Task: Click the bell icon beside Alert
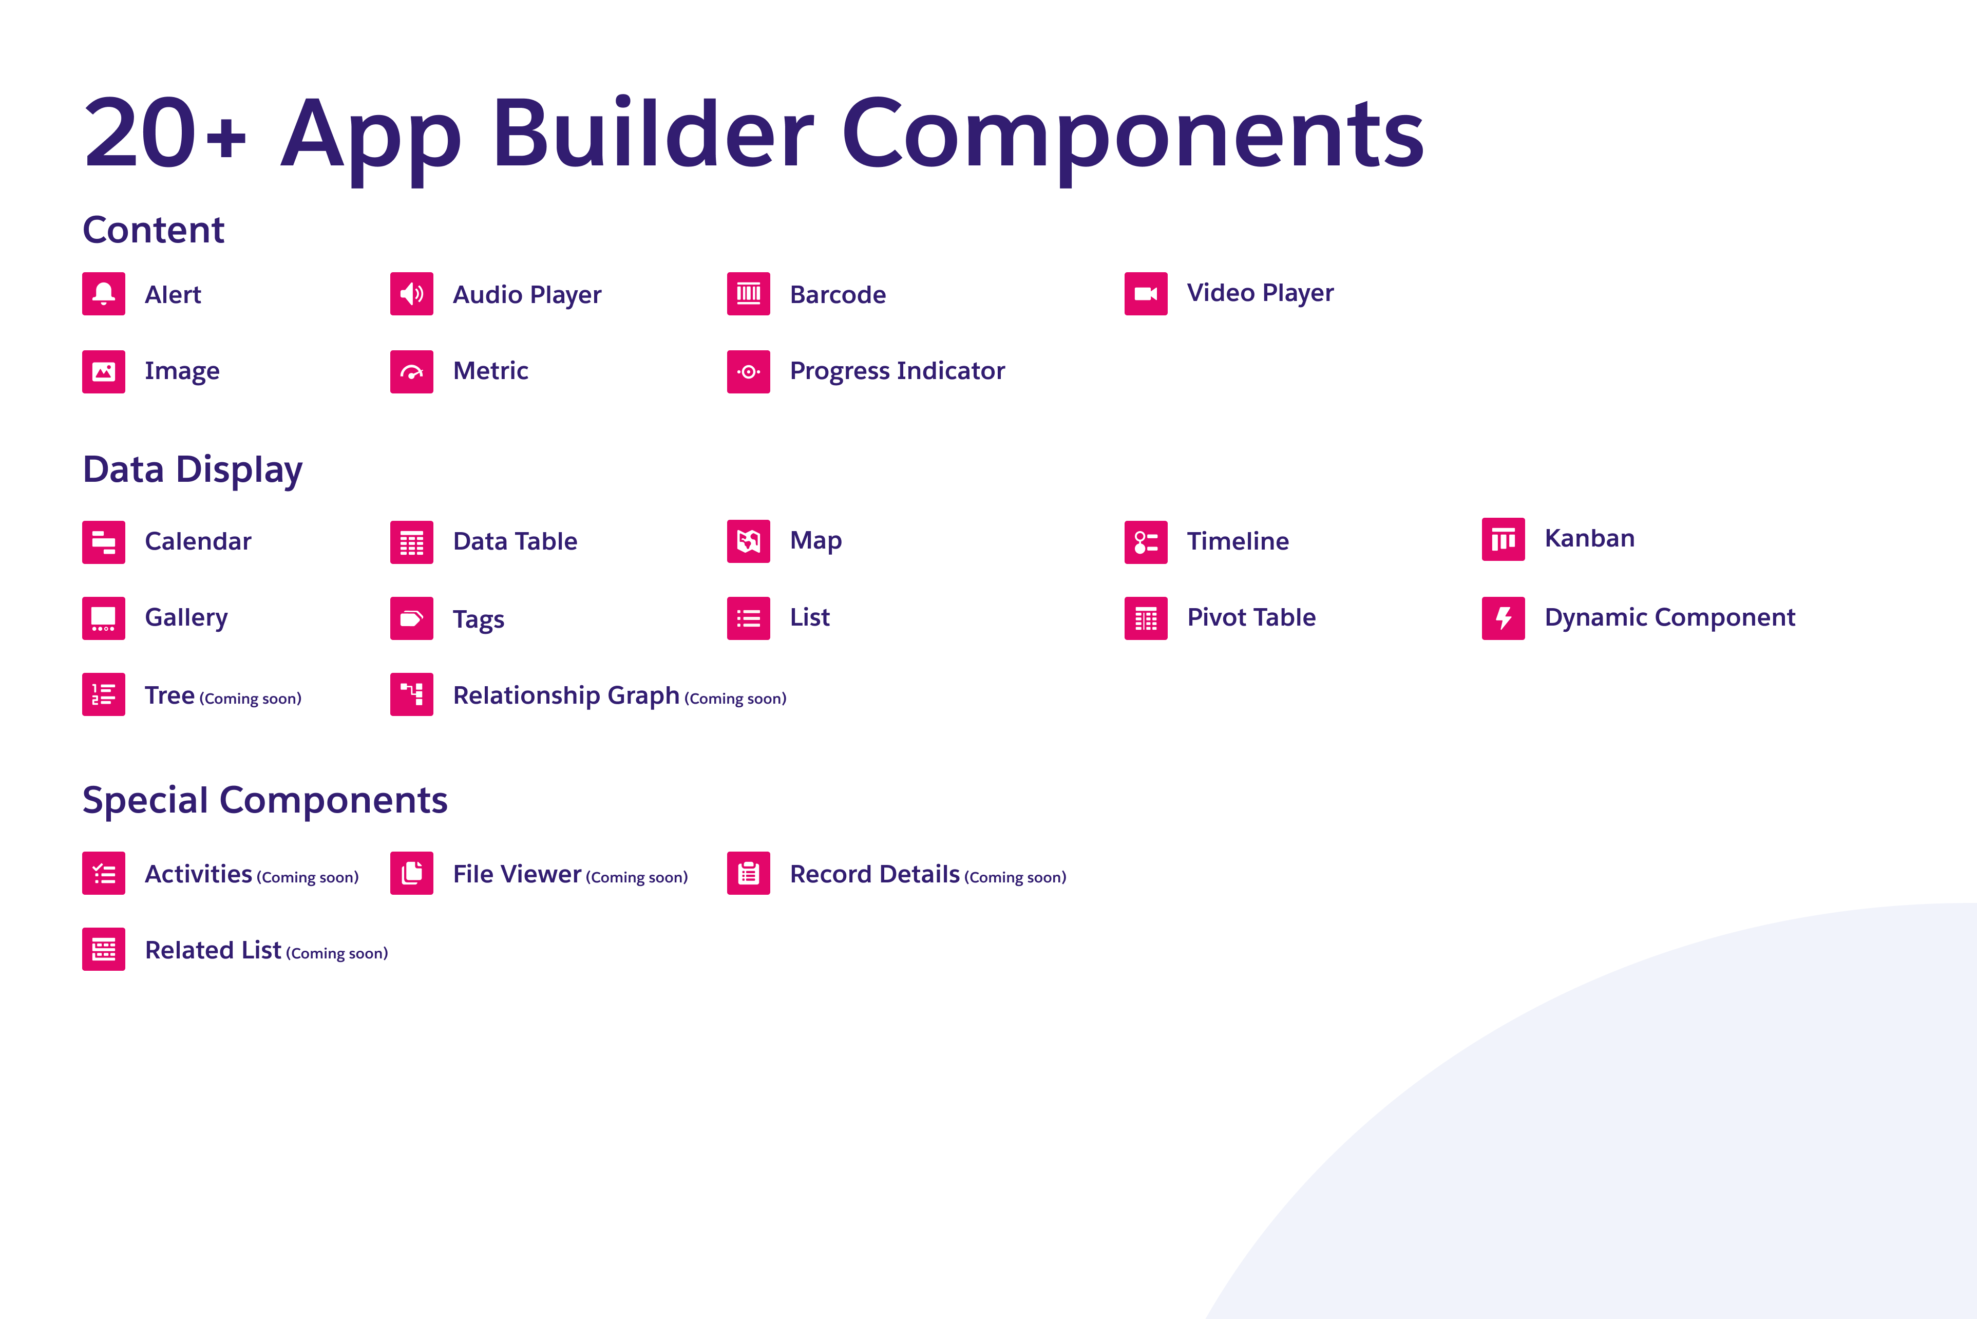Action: [x=103, y=294]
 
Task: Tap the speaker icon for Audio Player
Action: [x=411, y=294]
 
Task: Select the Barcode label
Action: [x=838, y=294]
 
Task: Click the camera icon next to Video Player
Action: [x=1145, y=294]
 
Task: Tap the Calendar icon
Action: [x=103, y=542]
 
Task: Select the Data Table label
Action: [x=515, y=541]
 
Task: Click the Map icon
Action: [x=748, y=541]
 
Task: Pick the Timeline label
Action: [x=1238, y=541]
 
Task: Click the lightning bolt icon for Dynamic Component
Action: [x=1503, y=618]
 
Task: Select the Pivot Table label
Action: [x=1251, y=617]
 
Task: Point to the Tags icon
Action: [x=411, y=618]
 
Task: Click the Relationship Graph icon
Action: [x=411, y=694]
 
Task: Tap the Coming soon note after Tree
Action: [x=251, y=698]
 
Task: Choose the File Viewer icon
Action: [x=411, y=873]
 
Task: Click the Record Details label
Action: [x=875, y=874]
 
